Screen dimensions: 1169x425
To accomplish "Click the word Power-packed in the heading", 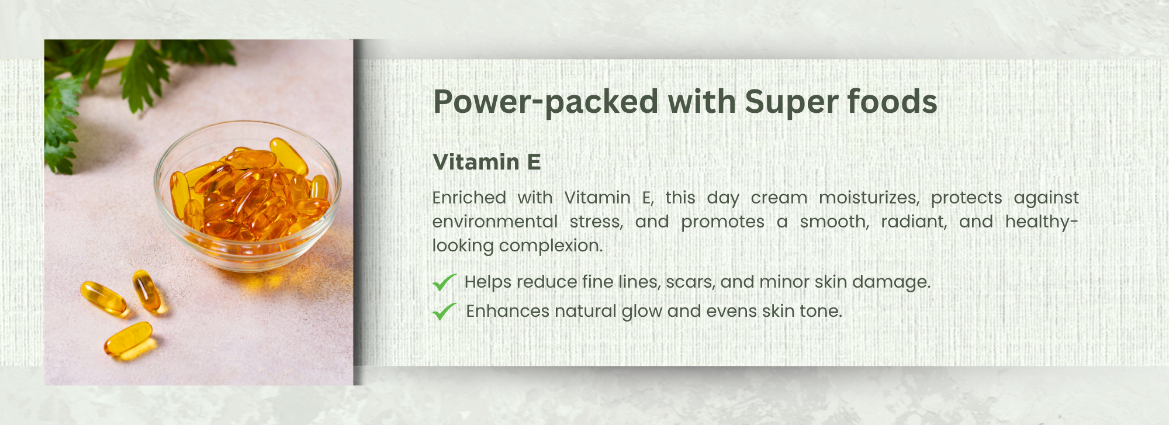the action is [x=547, y=102].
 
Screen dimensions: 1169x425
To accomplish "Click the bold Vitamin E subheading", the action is [x=487, y=162].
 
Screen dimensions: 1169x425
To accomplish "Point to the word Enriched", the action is [x=469, y=198].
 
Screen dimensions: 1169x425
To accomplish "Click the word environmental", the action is [x=495, y=222].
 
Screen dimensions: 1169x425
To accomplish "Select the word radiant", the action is [x=914, y=222].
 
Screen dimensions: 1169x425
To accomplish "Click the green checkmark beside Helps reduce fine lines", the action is [x=444, y=282].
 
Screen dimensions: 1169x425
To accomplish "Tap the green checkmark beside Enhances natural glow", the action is [x=444, y=311].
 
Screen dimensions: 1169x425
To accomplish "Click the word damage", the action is [x=891, y=282].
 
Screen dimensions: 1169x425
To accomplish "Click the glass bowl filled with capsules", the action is [x=247, y=196].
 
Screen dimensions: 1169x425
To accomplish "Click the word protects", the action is [x=967, y=198].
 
